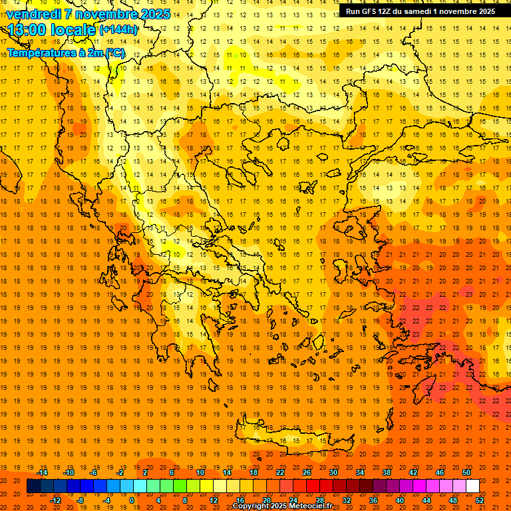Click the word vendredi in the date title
point(33,14)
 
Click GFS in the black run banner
point(368,11)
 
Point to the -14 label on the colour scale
point(42,472)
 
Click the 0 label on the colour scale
point(132,500)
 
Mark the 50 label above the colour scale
point(466,472)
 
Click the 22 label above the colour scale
point(280,472)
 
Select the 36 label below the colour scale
point(373,500)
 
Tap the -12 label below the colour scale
point(55,500)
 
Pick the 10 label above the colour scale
point(200,472)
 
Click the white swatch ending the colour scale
point(472,486)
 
